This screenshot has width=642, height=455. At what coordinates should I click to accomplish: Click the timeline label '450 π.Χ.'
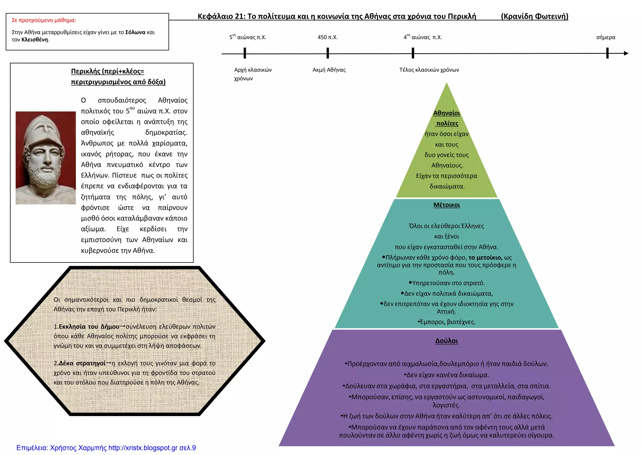[x=328, y=37]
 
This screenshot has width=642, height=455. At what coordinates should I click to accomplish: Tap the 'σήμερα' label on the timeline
[x=606, y=37]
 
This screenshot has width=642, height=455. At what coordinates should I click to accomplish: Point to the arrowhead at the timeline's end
[x=626, y=53]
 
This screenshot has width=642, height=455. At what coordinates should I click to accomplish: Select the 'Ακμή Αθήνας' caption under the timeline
[x=329, y=70]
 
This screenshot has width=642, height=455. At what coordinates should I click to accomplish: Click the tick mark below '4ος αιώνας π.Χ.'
[x=413, y=53]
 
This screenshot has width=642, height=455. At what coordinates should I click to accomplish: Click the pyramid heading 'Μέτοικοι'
[x=447, y=205]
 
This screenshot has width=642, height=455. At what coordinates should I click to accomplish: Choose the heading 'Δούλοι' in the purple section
[x=447, y=341]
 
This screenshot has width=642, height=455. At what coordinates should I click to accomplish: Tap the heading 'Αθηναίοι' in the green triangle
[x=447, y=113]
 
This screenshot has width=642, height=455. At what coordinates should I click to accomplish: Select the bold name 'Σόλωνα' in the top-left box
[x=135, y=32]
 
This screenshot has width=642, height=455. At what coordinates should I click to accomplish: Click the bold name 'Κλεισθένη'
[x=35, y=40]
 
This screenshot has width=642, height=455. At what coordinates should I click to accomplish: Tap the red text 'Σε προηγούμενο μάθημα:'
[x=44, y=20]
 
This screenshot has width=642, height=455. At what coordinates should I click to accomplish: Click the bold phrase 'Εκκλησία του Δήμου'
[x=89, y=327]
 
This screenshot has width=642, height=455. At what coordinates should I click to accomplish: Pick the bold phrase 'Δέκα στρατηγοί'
[x=82, y=363]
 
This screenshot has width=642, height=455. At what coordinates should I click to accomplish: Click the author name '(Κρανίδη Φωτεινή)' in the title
[x=535, y=16]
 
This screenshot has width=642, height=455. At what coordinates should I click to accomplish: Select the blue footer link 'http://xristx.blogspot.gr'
[x=143, y=448]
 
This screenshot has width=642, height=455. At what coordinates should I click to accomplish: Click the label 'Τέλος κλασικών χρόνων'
[x=429, y=70]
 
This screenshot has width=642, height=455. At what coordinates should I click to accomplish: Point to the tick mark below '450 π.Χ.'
[x=328, y=53]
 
